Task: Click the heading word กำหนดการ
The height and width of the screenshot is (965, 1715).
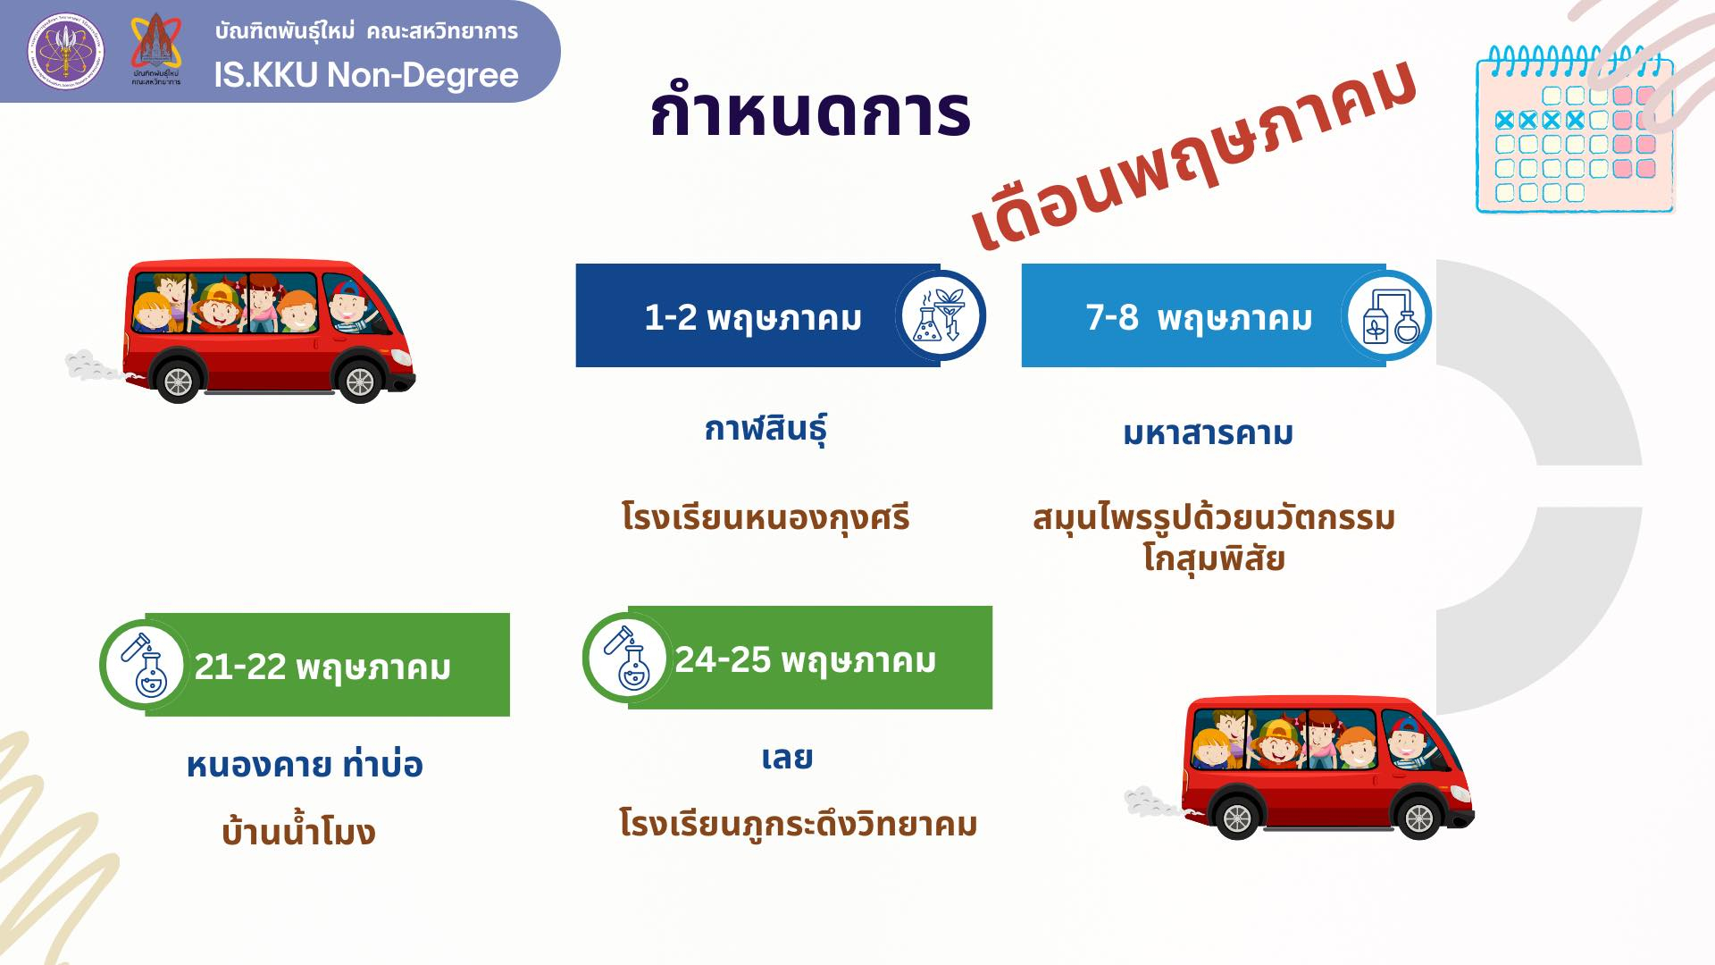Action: coord(810,112)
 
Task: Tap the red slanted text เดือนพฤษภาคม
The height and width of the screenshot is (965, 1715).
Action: coord(1195,157)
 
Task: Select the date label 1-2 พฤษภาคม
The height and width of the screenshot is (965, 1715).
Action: coord(753,318)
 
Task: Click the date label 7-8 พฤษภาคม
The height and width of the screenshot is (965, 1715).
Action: coord(1199,318)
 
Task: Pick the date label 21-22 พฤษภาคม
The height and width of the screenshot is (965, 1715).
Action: coord(322,667)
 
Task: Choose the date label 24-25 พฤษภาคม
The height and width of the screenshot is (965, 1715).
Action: coord(805,660)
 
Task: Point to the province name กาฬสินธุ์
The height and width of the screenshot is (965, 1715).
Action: coord(765,429)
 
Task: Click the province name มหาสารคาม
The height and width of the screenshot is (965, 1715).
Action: coord(1208,433)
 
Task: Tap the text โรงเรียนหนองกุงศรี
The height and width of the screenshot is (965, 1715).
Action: coord(765,517)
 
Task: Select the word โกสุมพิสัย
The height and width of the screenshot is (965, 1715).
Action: coord(1214,558)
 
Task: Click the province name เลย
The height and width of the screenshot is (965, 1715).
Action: coord(787,758)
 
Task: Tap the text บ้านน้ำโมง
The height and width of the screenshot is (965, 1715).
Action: coord(298,832)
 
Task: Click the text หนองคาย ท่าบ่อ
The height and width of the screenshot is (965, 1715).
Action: coord(305,764)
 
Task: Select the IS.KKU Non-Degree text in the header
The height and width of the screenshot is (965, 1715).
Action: coord(366,75)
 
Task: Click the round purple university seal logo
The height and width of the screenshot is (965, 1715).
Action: coord(65,51)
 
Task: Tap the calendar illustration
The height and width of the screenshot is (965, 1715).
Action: coord(1575,129)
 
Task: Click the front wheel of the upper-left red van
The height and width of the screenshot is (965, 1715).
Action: coord(360,382)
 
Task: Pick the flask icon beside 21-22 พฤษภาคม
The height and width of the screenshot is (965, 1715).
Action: coord(145,665)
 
